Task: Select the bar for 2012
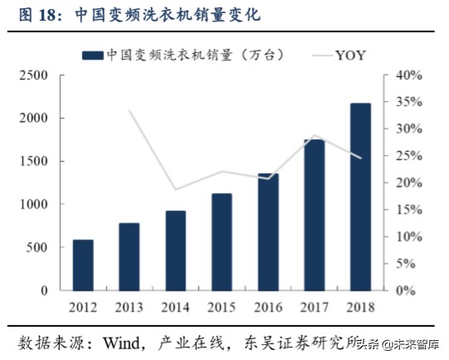click(x=83, y=265)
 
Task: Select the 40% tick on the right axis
click(x=409, y=75)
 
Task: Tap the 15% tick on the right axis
click(x=409, y=210)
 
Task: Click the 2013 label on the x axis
click(x=129, y=309)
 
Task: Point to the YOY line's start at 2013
click(x=129, y=110)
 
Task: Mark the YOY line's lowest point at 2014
click(x=175, y=190)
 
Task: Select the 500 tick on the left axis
click(x=42, y=248)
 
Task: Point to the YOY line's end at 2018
click(x=359, y=158)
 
